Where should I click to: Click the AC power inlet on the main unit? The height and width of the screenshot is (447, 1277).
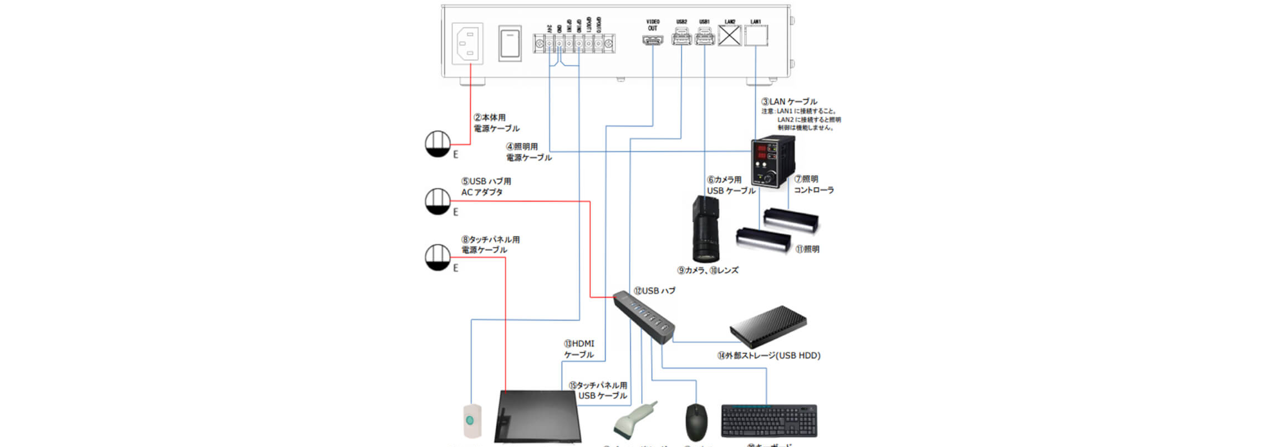click(467, 44)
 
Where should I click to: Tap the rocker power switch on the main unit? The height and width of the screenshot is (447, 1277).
click(510, 43)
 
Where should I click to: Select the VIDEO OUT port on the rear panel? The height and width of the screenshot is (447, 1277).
click(653, 40)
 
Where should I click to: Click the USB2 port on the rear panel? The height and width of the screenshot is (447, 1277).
click(681, 39)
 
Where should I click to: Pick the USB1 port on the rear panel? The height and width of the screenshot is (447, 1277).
click(704, 39)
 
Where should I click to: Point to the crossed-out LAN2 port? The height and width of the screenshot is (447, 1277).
click(730, 37)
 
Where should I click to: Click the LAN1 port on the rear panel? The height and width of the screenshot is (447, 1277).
click(756, 37)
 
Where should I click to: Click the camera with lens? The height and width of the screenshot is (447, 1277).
click(705, 228)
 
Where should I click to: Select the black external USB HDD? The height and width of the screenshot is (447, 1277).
click(769, 327)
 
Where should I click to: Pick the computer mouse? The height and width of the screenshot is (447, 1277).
click(696, 422)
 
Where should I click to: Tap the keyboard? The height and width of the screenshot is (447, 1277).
click(769, 420)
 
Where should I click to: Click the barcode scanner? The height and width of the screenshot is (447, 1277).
click(635, 420)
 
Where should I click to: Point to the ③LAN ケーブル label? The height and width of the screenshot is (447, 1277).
click(789, 102)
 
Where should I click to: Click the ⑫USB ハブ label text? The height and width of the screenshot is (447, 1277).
click(655, 291)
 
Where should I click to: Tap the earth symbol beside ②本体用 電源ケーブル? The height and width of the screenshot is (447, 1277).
click(437, 143)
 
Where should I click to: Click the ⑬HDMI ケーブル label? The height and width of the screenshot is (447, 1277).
click(579, 349)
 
